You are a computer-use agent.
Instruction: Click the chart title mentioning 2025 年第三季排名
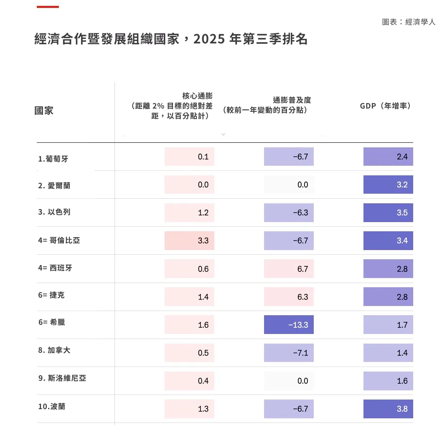coord(171,39)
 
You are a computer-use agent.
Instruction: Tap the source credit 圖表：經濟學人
coord(408,22)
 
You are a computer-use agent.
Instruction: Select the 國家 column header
coord(44,111)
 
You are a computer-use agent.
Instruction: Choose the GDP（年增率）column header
coord(386,106)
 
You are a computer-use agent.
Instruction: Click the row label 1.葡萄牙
coord(53,159)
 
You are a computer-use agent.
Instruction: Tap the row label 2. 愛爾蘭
coord(54,185)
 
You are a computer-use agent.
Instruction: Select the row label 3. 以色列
coord(54,212)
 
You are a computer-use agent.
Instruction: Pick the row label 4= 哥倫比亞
coord(59,240)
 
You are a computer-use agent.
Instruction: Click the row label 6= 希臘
coord(52,322)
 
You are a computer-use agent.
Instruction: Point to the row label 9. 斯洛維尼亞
coord(62,378)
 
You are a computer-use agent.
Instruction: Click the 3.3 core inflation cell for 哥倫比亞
coord(189,241)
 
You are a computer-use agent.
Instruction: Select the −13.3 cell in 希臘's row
coord(289,325)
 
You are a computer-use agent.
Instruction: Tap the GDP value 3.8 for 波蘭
coord(388,409)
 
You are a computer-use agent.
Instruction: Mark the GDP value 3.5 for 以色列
coord(388,213)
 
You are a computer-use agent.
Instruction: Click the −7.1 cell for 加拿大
coord(289,353)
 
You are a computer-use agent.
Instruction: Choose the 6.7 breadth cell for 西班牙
coord(289,269)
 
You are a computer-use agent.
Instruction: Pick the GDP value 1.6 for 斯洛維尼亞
coord(388,381)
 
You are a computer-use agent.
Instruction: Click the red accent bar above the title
coord(48,7)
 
